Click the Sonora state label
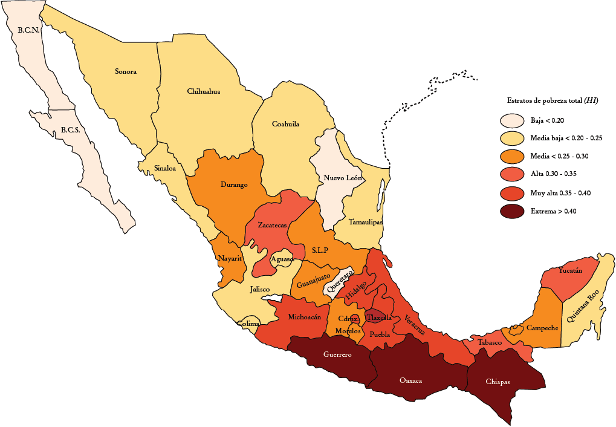[126, 71]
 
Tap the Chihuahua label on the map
[203, 91]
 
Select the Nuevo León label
[342, 178]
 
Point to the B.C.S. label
[70, 130]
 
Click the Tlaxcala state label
[378, 318]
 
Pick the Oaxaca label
[410, 380]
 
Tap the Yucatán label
[570, 270]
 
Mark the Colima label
[248, 324]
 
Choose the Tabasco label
[489, 343]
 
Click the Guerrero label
[337, 354]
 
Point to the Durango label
[234, 184]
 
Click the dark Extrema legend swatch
[512, 212]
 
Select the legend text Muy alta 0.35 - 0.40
[560, 193]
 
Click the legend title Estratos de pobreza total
[552, 100]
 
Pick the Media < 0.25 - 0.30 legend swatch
[512, 157]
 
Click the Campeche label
[542, 328]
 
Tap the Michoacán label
[304, 317]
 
